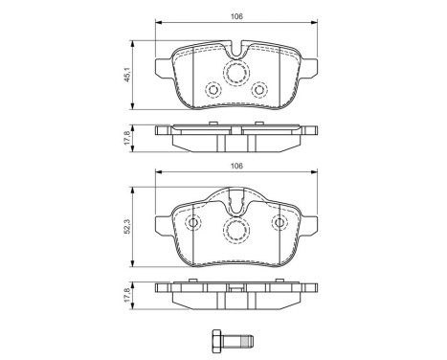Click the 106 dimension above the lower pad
(235, 166)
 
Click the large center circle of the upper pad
(235, 75)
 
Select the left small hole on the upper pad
(212, 91)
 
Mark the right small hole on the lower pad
(279, 223)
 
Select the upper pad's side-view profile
(235, 136)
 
